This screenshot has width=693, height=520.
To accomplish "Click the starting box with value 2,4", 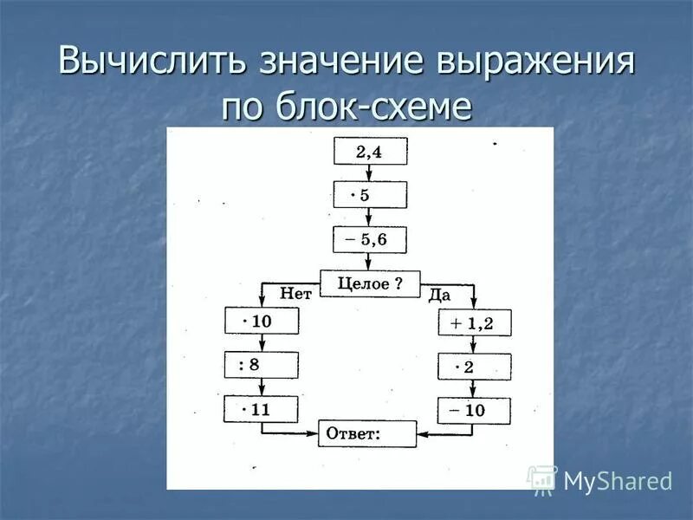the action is (370, 152).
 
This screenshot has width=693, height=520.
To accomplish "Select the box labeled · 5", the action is (370, 195).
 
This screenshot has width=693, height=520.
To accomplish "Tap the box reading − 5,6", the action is (370, 239).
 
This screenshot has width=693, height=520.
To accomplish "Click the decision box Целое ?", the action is (370, 283).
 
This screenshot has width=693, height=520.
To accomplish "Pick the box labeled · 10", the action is (262, 322).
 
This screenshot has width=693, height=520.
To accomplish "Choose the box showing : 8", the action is (262, 365).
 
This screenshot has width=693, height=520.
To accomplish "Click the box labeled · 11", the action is (262, 409).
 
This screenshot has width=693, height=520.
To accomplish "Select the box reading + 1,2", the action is (474, 323).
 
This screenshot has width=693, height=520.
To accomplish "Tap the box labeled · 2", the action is (474, 367).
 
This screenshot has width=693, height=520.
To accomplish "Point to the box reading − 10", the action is (474, 411).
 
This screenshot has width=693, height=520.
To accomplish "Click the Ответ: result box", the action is (367, 433).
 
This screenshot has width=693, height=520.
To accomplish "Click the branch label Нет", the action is (295, 294).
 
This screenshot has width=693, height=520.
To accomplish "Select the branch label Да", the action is (439, 296).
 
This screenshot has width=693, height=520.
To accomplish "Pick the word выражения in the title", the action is (538, 66).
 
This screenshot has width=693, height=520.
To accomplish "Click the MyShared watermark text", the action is (618, 481).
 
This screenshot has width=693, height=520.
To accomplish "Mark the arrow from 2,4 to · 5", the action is (370, 173).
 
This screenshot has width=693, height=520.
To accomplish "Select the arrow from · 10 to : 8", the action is (262, 343).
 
